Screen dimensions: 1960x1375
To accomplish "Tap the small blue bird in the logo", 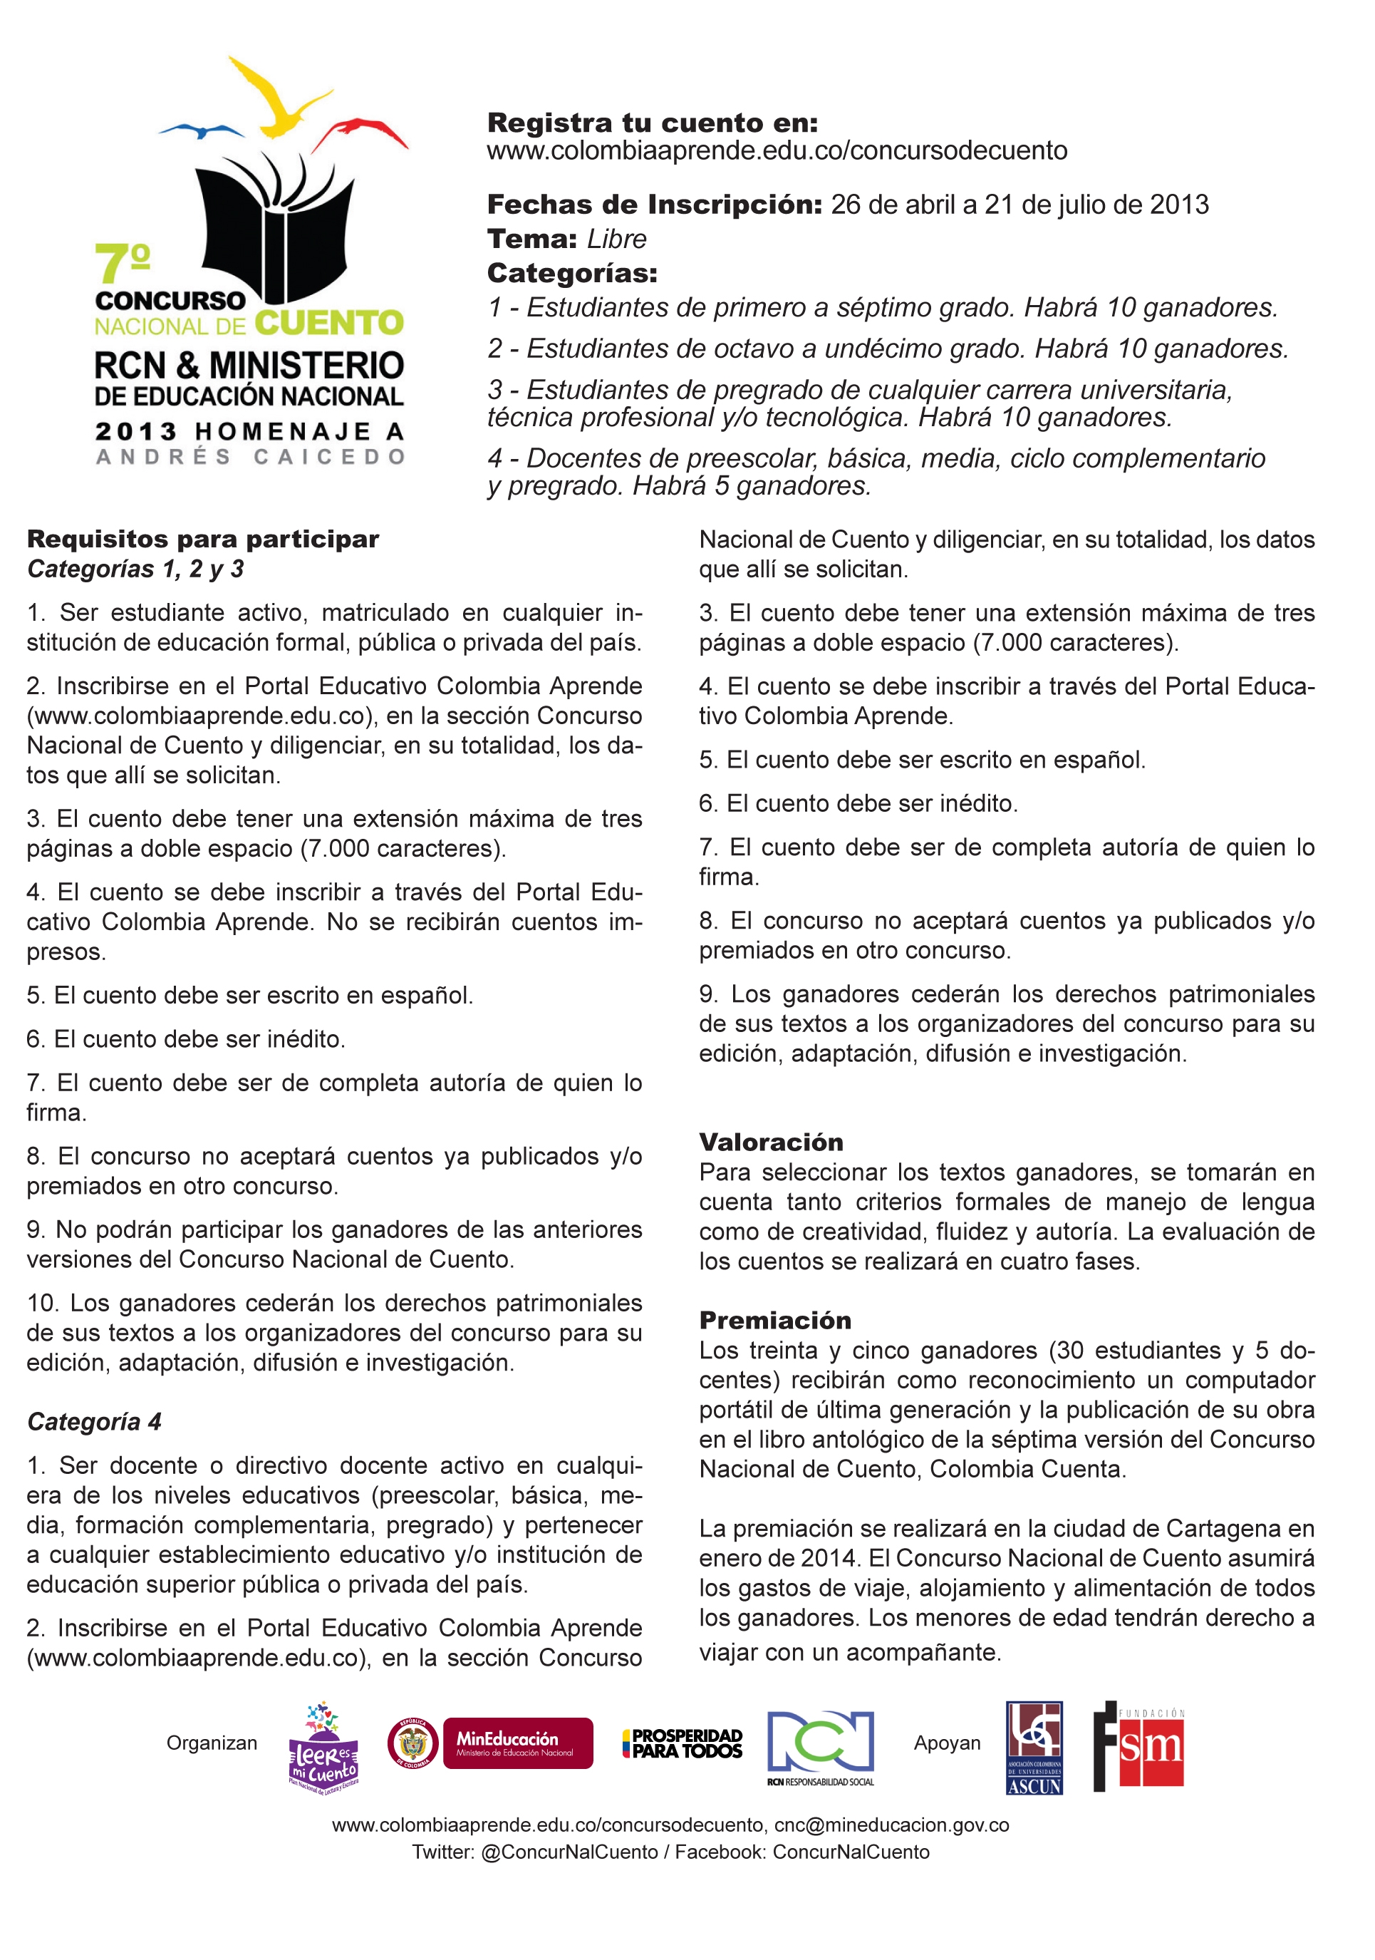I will [202, 130].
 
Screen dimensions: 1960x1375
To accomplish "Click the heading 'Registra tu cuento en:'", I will [652, 123].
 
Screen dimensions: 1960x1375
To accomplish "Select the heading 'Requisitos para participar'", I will [203, 540].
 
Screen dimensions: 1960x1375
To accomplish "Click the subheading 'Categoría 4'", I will [94, 1421].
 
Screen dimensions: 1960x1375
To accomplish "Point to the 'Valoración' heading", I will [771, 1143].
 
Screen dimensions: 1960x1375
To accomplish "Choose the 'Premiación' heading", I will [775, 1321].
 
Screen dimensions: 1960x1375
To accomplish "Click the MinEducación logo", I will [517, 1743].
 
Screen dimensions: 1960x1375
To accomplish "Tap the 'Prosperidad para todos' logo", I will [682, 1743].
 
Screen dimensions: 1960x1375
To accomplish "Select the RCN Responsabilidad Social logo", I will [820, 1747].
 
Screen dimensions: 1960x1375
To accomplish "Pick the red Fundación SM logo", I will [1138, 1745].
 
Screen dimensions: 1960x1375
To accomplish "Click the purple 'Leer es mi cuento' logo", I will [324, 1745].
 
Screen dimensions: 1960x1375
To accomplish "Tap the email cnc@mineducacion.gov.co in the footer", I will [891, 1825].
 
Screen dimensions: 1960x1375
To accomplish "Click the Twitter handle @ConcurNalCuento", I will [569, 1852].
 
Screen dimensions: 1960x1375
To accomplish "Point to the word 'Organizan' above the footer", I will [212, 1743].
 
